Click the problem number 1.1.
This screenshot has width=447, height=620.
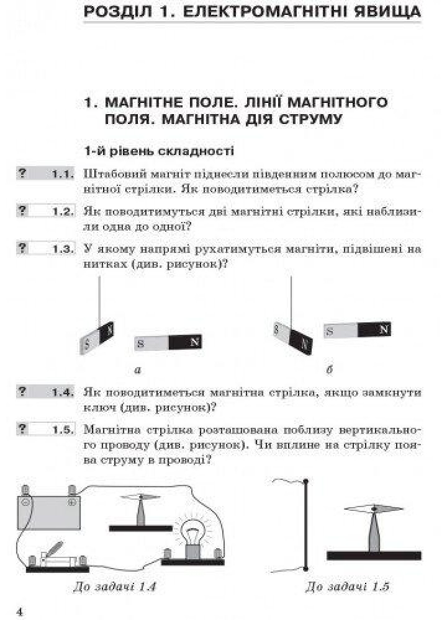click(63, 174)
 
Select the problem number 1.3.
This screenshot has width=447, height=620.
click(63, 249)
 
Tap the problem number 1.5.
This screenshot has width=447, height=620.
click(63, 430)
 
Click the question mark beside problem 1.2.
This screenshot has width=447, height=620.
click(22, 211)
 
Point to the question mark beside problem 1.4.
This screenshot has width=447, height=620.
click(22, 391)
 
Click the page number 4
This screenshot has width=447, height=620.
click(20, 612)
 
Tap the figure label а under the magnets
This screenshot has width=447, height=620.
click(138, 370)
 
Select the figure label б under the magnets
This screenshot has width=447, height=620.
click(330, 370)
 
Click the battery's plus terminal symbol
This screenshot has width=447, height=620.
click(72, 502)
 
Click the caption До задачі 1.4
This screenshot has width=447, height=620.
click(115, 586)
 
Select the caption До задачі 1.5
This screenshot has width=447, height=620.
click(347, 586)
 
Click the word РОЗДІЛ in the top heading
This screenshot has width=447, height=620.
click(119, 11)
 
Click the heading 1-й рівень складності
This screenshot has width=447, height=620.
click(159, 151)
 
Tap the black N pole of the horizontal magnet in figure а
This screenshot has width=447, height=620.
click(185, 342)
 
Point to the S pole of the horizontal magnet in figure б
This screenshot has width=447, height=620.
click(341, 331)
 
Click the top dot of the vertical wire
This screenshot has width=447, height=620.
click(305, 481)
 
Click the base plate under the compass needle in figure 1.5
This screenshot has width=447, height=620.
click(374, 556)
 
